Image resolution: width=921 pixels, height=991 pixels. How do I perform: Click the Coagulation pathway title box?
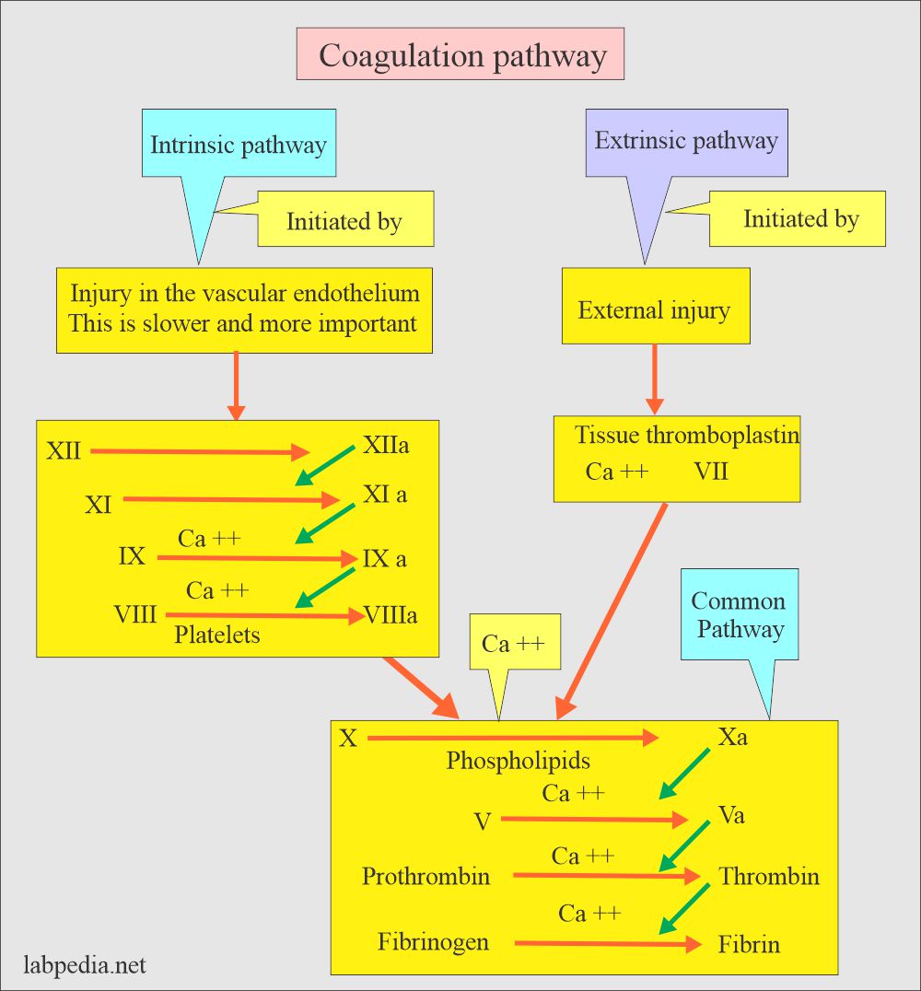coord(460,54)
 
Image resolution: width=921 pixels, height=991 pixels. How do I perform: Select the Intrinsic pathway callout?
coord(239,145)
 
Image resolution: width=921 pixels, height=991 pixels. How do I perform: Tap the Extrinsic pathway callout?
coord(686,142)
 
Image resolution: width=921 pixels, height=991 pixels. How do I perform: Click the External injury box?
coord(655,309)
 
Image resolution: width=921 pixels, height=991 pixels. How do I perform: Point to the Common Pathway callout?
coord(740,615)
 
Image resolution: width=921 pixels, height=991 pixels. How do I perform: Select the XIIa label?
coord(386,447)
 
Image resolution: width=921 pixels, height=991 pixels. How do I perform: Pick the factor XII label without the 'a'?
coord(64,451)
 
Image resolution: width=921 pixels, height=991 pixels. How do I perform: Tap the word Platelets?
coord(217,635)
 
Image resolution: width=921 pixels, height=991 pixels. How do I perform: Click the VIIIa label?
coord(391,614)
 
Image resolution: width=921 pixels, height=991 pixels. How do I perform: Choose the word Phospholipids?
coord(519,761)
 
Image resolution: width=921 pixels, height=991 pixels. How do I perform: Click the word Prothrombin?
coord(426,876)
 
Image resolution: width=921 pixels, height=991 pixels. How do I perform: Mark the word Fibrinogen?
coord(433,942)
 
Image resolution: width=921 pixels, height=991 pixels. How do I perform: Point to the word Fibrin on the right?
coord(749,944)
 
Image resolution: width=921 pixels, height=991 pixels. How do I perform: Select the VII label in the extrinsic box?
coord(711,472)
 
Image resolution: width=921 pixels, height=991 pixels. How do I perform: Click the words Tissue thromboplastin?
coord(687,435)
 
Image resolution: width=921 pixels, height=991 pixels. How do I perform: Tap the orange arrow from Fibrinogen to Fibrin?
coord(605,944)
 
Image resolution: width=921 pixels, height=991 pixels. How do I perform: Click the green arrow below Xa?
coord(684,773)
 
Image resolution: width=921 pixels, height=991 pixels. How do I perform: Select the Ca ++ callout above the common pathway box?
coord(514,643)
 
